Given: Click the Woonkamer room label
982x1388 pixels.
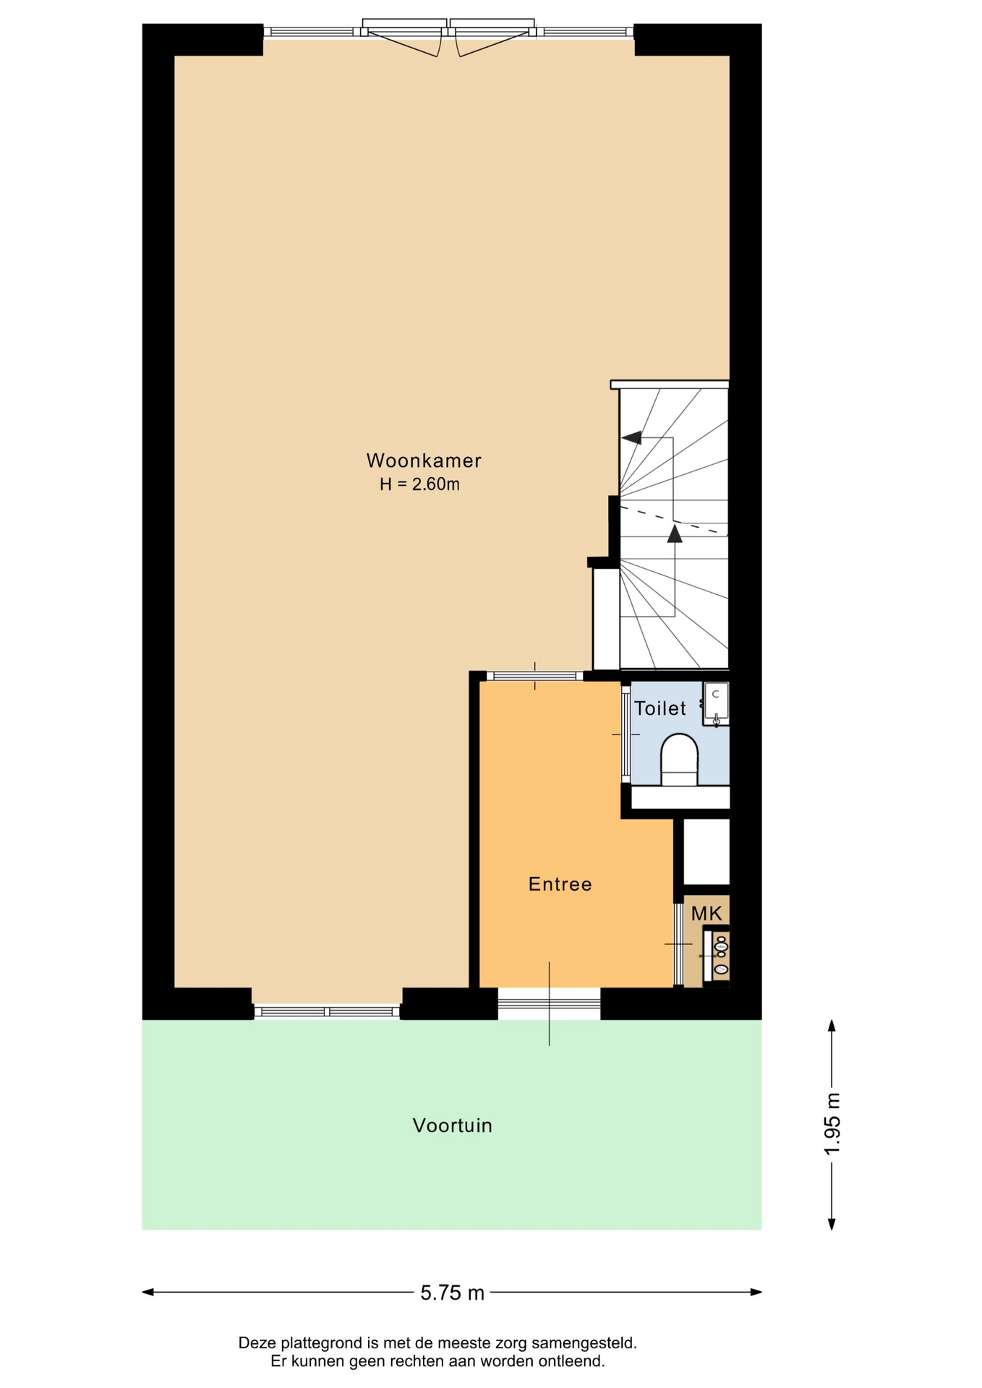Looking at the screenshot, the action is (x=424, y=460).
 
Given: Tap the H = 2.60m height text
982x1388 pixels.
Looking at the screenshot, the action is (x=420, y=484).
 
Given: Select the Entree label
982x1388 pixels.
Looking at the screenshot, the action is (x=560, y=884).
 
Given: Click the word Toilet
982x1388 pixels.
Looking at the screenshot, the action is (x=660, y=708).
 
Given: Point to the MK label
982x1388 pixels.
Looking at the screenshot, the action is (x=706, y=914).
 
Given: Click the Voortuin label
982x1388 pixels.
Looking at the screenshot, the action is (x=453, y=1126).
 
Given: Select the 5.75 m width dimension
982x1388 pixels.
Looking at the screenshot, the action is (x=453, y=1293).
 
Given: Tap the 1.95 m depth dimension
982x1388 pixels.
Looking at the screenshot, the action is (x=832, y=1124).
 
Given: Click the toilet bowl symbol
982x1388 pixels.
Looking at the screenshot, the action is (x=679, y=760).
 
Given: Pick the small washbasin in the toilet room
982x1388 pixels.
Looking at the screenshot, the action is (x=716, y=703).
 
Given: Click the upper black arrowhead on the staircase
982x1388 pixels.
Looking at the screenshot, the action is (x=632, y=437).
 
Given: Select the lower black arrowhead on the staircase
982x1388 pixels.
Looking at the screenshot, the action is (x=675, y=534).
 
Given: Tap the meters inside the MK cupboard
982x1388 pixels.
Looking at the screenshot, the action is (x=720, y=955).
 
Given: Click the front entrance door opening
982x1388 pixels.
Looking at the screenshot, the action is (x=549, y=1004).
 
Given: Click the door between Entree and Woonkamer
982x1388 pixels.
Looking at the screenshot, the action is (x=535, y=677).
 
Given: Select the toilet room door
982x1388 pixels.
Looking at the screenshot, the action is (x=626, y=734).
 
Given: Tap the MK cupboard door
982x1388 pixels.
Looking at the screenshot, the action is (x=678, y=944).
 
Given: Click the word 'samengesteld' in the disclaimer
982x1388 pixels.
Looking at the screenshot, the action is (x=584, y=1343).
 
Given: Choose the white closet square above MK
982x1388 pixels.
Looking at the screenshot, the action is (x=706, y=852).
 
